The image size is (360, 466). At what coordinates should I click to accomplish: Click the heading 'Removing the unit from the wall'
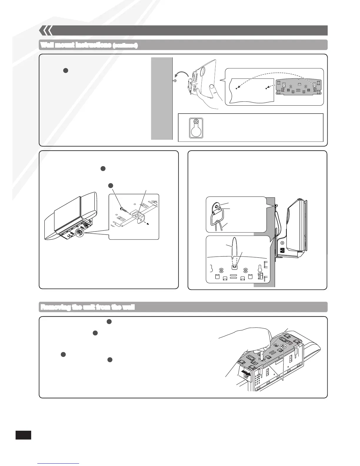87,307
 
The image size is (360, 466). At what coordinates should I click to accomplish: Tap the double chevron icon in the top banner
46,30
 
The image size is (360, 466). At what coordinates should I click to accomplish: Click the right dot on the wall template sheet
266,88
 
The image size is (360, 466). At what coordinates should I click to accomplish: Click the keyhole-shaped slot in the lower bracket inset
260,269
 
